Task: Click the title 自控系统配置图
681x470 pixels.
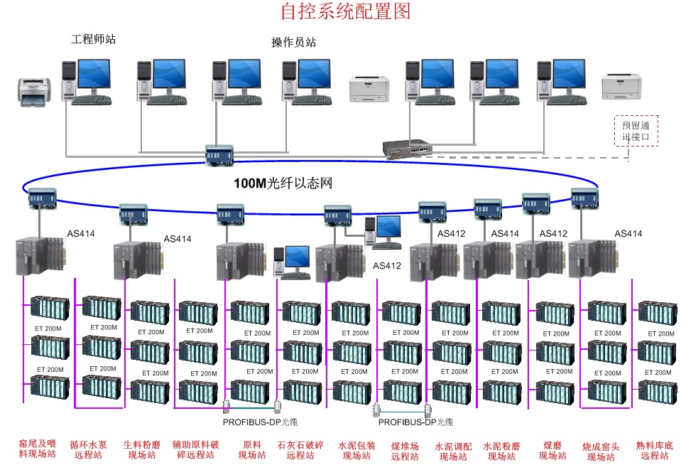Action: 345,11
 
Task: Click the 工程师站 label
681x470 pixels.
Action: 93,39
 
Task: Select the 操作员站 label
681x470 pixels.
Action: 293,42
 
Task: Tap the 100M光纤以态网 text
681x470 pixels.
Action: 283,183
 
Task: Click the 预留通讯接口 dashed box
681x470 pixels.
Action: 636,131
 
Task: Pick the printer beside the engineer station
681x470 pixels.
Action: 33,92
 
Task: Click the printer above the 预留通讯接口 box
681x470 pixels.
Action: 621,86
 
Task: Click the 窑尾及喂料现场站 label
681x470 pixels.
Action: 37,449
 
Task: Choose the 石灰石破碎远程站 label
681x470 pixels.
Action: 300,450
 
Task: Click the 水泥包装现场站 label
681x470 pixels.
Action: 356,450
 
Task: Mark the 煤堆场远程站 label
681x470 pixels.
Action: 405,450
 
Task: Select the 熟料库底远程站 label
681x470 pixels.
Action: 654,450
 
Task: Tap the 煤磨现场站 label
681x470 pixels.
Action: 552,450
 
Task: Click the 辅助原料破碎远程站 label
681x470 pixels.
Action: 196,450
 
